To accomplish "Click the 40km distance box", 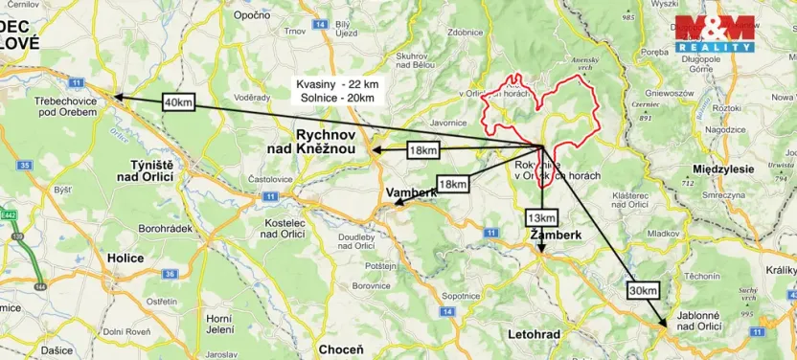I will click(179, 102).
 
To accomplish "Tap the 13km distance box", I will click(541, 217).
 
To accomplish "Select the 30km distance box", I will click(644, 290).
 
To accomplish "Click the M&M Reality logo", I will click(715, 34).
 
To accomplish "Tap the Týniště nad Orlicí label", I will click(145, 169).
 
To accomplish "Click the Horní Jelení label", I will click(219, 325).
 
